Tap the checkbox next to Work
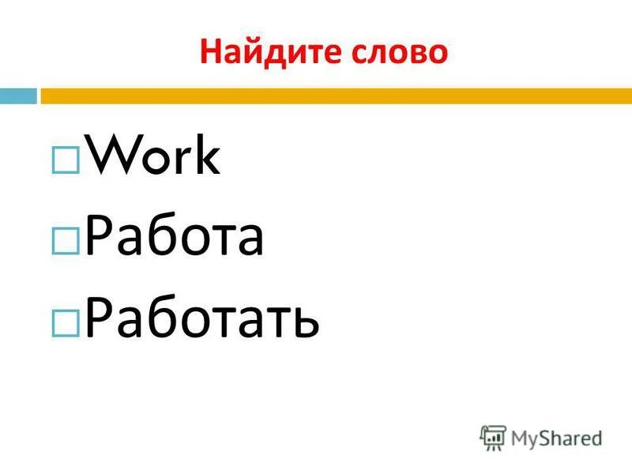pos(64,160)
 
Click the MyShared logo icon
pos(492,437)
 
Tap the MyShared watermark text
pos(557,438)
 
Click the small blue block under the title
pos(18,96)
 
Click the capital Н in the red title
pos(209,52)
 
